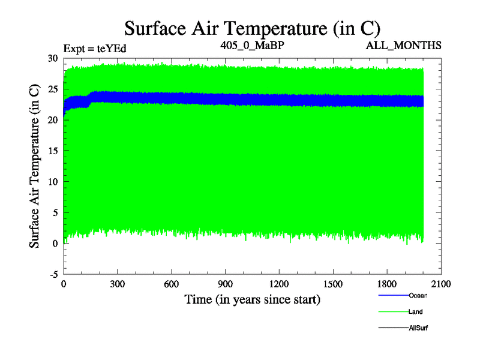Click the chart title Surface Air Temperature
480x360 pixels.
pos(252,28)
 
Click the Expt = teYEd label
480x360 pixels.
pos(95,48)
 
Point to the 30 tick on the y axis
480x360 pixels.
pos(53,58)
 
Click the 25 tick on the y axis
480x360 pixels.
pos(53,89)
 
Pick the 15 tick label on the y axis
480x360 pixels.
pos(53,151)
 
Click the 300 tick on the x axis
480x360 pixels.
pos(118,284)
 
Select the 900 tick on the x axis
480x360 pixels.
pos(226,284)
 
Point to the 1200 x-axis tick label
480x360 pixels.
pos(280,284)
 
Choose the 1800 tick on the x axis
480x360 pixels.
pos(388,284)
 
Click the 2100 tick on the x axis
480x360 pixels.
pos(442,284)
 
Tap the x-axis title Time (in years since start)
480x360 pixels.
pos(252,299)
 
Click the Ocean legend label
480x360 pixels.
pos(418,295)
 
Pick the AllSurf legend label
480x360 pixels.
pos(418,328)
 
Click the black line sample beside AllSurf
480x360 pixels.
pos(393,328)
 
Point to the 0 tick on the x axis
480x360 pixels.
pos(64,284)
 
